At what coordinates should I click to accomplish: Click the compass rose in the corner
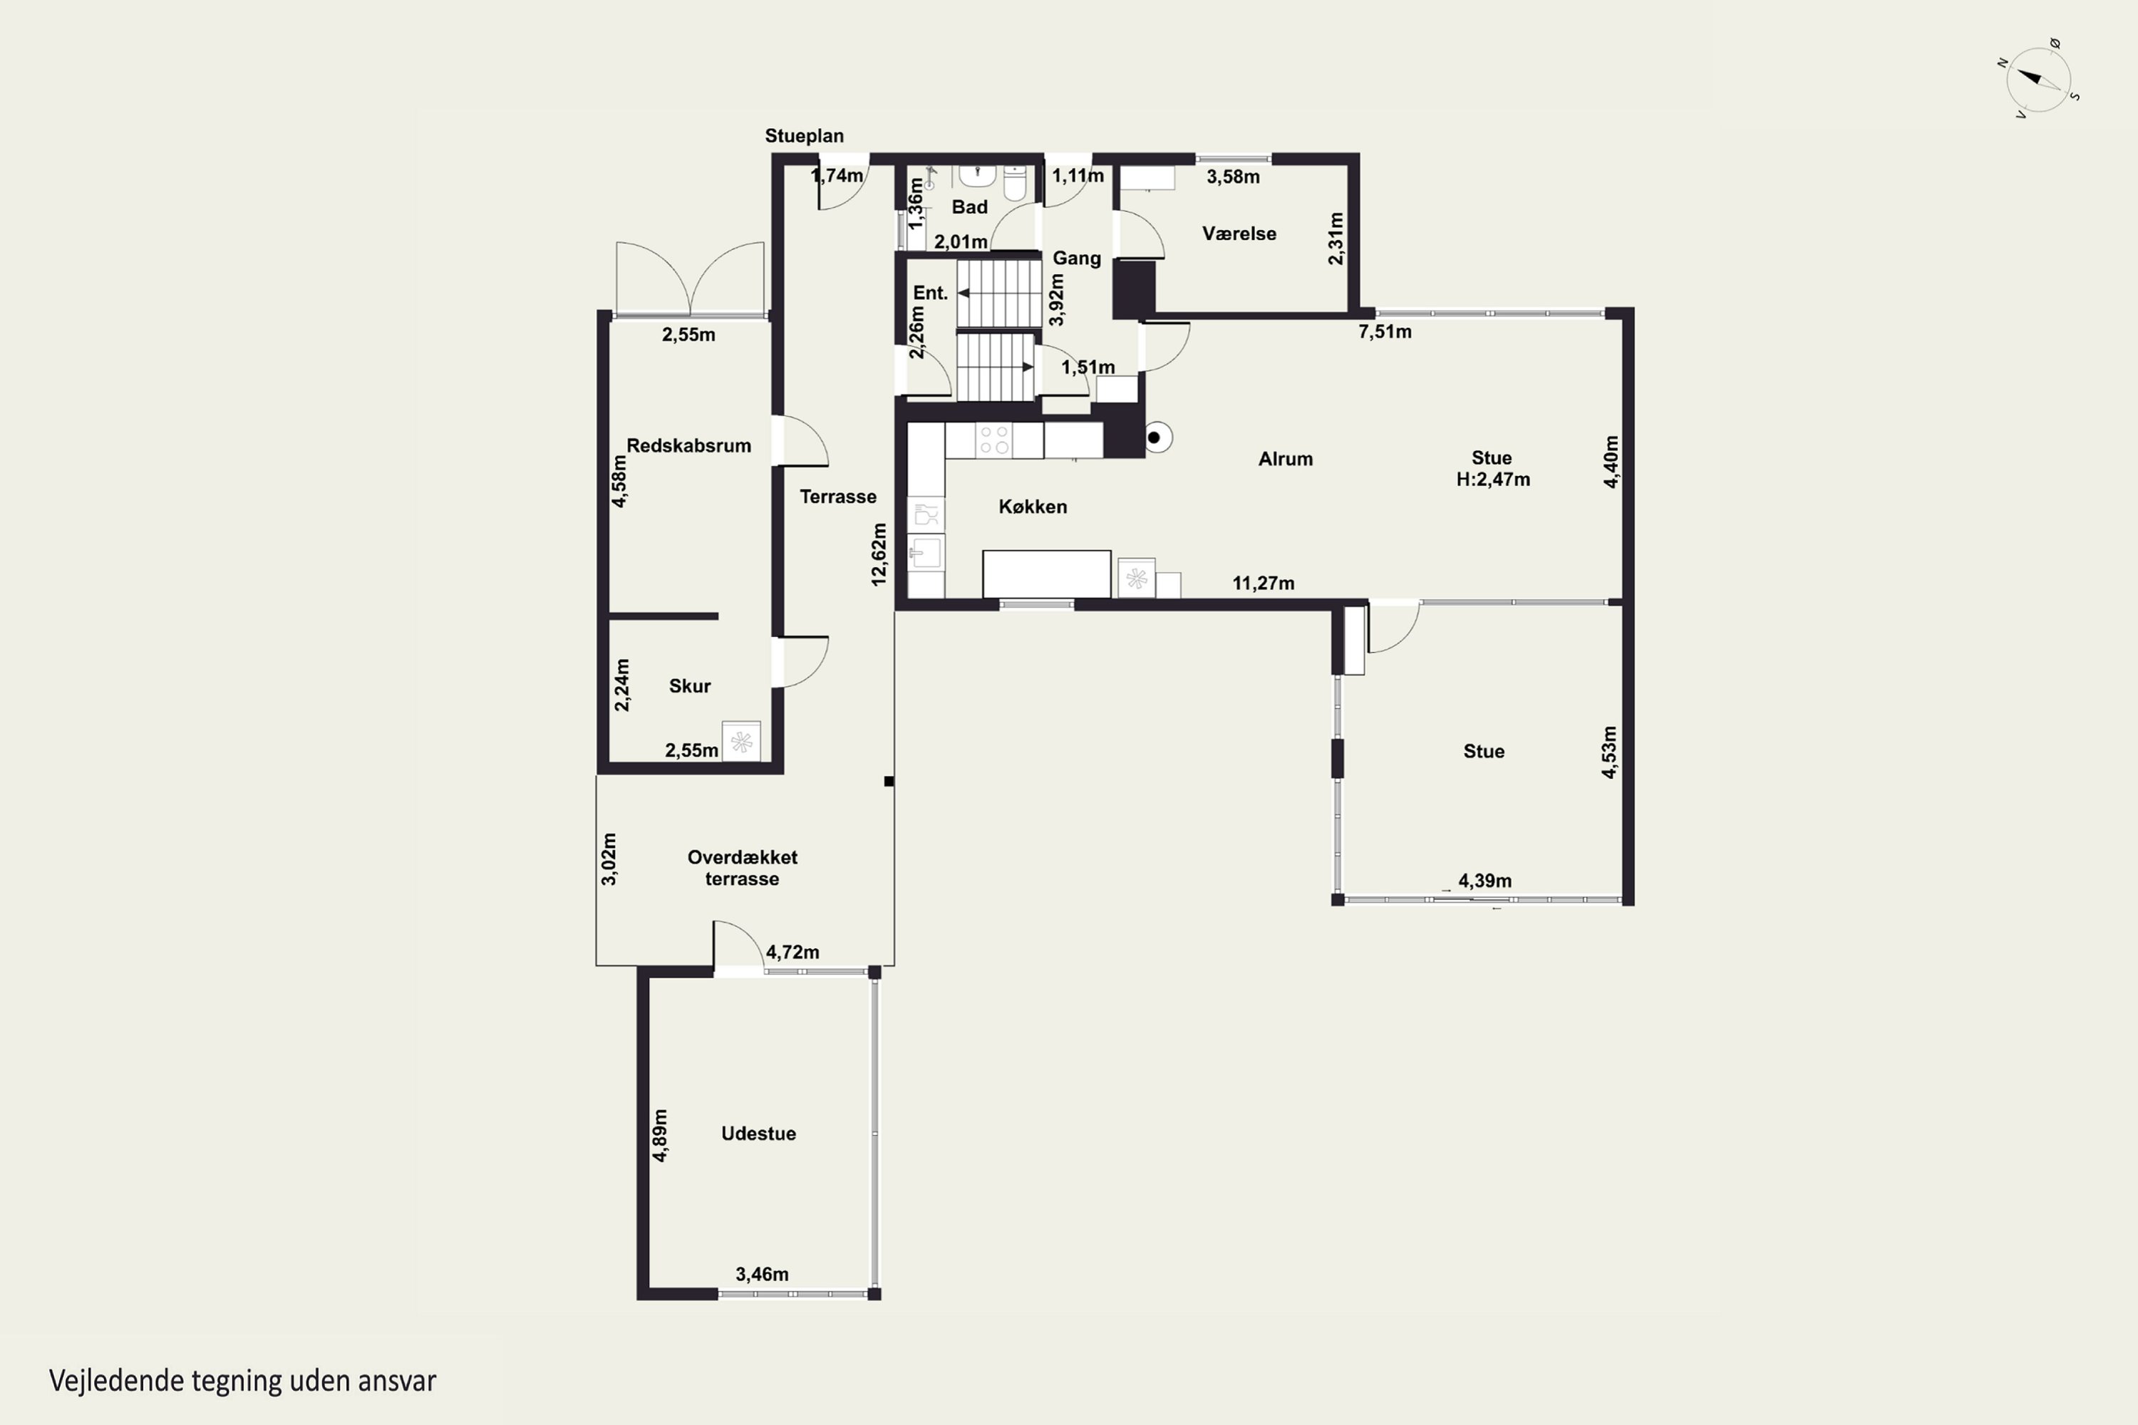pyautogui.click(x=2039, y=79)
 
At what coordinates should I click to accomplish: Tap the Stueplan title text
pyautogui.click(x=804, y=135)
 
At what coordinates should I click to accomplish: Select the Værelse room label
pyautogui.click(x=1239, y=234)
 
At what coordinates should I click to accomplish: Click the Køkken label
pyautogui.click(x=1033, y=506)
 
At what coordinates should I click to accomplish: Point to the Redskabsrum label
pyautogui.click(x=689, y=445)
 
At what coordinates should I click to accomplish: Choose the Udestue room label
pyautogui.click(x=758, y=1134)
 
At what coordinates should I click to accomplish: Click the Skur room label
pyautogui.click(x=690, y=686)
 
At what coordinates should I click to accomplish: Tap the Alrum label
pyautogui.click(x=1286, y=459)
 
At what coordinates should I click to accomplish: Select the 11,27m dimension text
pyautogui.click(x=1264, y=584)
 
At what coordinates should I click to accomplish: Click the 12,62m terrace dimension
pyautogui.click(x=878, y=554)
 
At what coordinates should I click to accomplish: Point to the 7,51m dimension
pyautogui.click(x=1385, y=332)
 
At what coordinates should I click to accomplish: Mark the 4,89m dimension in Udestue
pyautogui.click(x=660, y=1135)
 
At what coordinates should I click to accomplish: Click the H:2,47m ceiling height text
pyautogui.click(x=1492, y=479)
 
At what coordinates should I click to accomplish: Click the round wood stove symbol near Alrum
pyautogui.click(x=1155, y=438)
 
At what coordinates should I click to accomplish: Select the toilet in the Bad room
pyautogui.click(x=1016, y=182)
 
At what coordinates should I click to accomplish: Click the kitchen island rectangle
pyautogui.click(x=1046, y=574)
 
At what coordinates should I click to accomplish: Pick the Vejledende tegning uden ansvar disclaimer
pyautogui.click(x=243, y=1382)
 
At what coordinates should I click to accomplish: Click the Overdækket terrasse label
pyautogui.click(x=743, y=868)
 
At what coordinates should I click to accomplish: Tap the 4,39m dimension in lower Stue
pyautogui.click(x=1485, y=881)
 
